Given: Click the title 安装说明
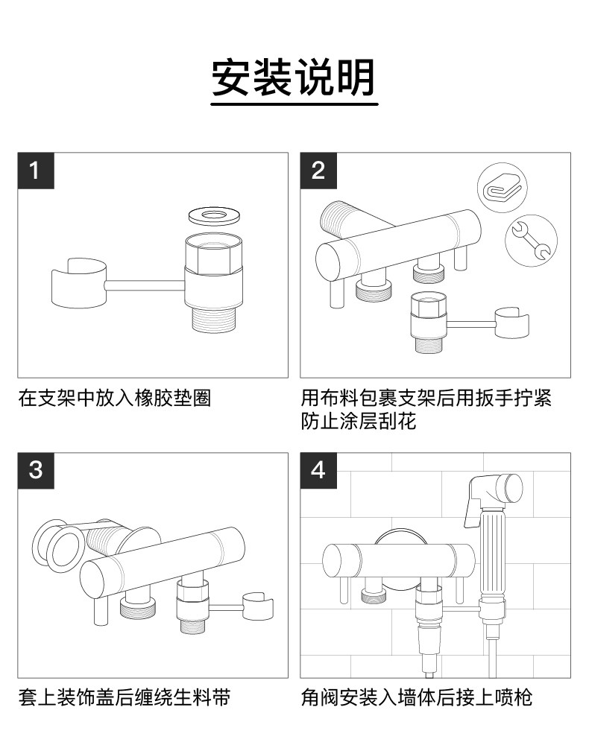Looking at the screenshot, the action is [294, 77].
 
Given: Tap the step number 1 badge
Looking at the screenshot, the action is [34, 171].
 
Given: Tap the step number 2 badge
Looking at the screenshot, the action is [318, 171].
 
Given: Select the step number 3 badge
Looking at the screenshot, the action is [34, 471].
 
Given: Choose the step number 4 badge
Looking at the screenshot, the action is [318, 471].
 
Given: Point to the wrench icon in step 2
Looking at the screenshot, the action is [531, 239].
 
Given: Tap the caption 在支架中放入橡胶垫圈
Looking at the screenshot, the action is [114, 399].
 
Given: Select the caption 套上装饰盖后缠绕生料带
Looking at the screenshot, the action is [124, 698].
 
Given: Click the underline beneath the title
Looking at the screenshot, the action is [294, 105].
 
